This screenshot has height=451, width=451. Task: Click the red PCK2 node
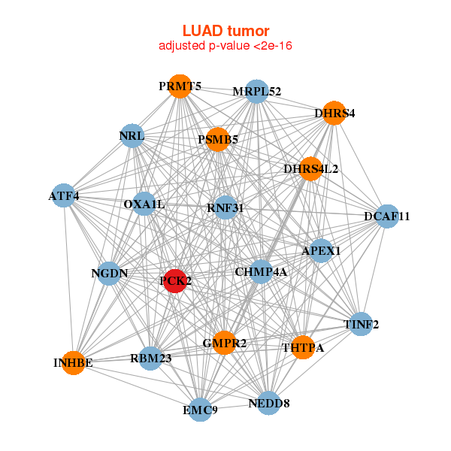(x=175, y=280)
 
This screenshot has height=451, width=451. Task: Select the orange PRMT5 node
(x=179, y=86)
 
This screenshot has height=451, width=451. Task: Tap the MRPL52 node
(x=257, y=91)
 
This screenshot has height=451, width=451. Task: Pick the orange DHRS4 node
(x=334, y=113)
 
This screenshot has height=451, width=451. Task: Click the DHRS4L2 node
(x=310, y=168)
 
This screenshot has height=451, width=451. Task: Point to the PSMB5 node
(x=217, y=139)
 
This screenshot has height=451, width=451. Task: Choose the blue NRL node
(x=132, y=136)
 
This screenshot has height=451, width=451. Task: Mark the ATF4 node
(x=64, y=196)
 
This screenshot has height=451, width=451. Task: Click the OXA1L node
(x=144, y=204)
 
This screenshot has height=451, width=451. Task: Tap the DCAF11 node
(x=386, y=216)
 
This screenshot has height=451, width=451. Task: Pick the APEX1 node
(x=321, y=250)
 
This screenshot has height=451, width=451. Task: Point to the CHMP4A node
(x=261, y=271)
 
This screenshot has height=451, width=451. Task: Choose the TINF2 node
(x=361, y=324)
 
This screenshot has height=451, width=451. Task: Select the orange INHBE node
(x=73, y=363)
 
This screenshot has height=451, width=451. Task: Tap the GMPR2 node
(x=224, y=343)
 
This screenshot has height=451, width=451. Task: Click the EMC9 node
(x=200, y=410)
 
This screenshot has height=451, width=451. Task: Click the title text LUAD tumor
(x=225, y=31)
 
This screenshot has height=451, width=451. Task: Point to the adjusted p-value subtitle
(x=225, y=46)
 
